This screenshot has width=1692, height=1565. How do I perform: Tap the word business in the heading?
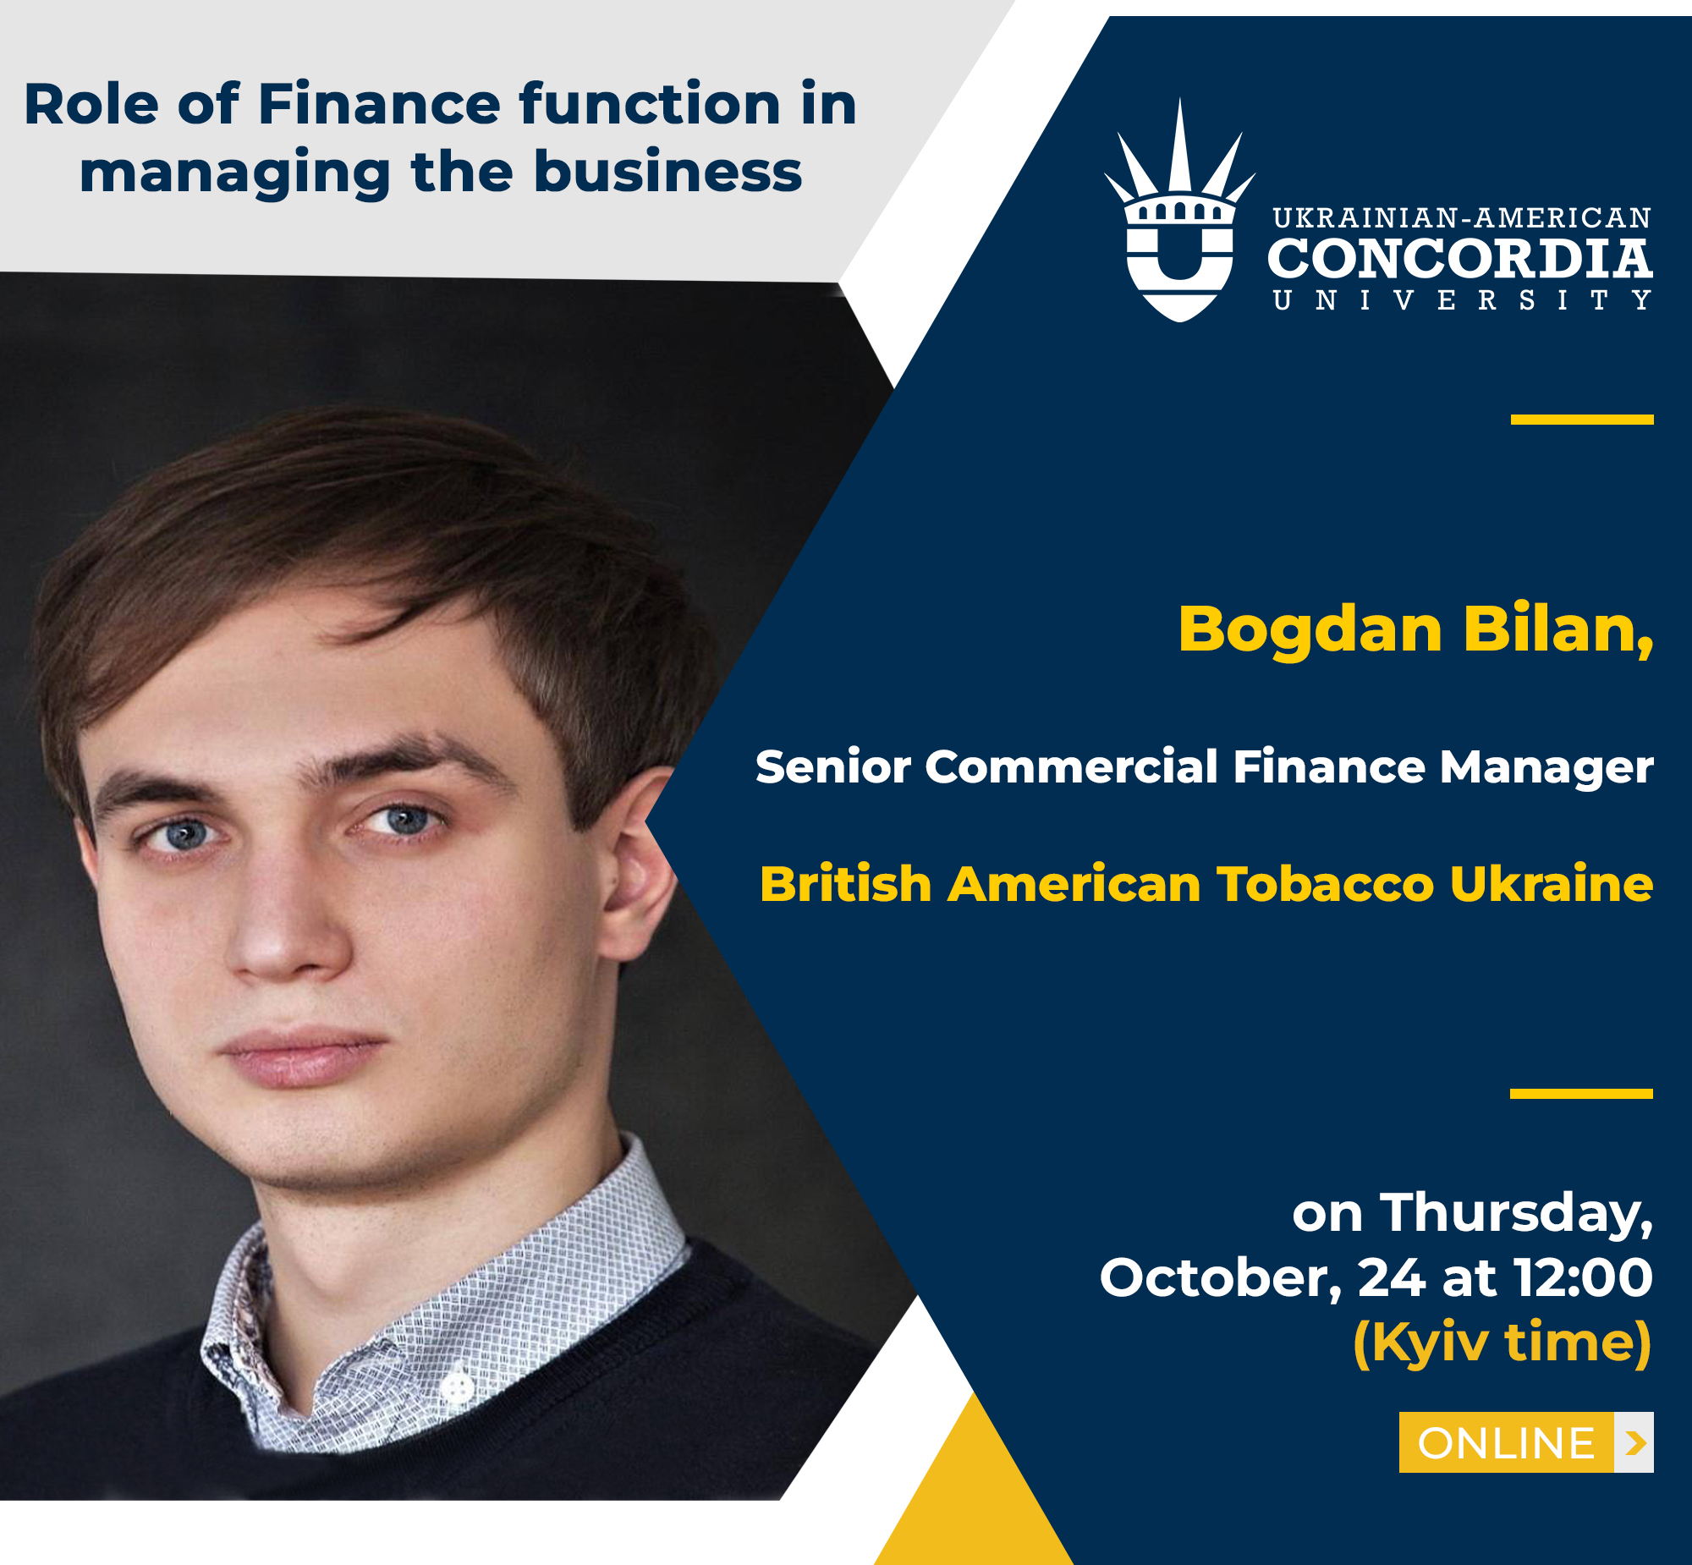tap(667, 172)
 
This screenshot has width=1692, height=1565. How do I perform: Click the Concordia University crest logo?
tap(1179, 210)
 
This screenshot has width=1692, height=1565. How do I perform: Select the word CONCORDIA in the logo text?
tap(1459, 258)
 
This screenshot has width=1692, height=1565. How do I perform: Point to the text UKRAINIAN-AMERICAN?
tap(1462, 218)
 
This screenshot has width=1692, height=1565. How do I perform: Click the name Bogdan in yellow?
tap(1310, 630)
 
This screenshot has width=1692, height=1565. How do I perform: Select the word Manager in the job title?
tap(1546, 768)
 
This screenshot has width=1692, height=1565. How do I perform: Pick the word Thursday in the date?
tap(1516, 1214)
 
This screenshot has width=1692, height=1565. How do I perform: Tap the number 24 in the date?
tap(1392, 1278)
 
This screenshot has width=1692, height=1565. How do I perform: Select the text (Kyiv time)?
tap(1503, 1343)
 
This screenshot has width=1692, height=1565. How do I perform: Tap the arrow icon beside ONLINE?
tap(1634, 1442)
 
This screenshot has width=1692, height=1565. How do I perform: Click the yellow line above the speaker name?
tap(1582, 420)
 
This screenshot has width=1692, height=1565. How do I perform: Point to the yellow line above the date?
tap(1581, 1093)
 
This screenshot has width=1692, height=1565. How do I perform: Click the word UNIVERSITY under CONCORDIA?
tap(1462, 300)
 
